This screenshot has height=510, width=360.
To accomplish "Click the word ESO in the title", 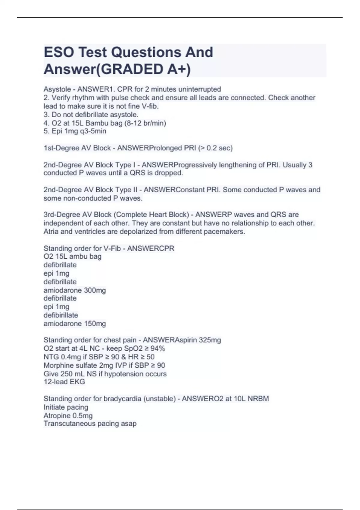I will [x=58, y=52].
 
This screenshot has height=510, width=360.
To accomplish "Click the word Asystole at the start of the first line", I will [x=57, y=89].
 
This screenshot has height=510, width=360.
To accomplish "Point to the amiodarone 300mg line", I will [x=75, y=290].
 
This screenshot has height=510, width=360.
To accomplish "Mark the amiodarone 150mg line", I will [x=75, y=324].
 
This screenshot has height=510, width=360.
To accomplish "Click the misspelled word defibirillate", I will [x=61, y=315].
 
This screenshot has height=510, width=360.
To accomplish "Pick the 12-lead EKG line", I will [x=64, y=382].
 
